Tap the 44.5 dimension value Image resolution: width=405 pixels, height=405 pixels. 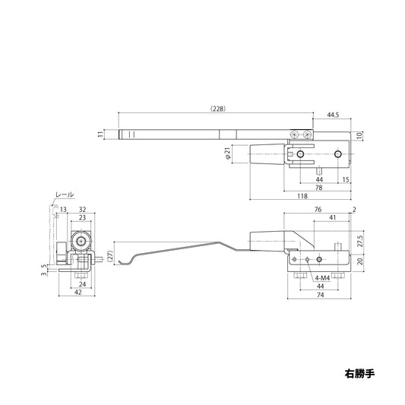(x=334, y=115)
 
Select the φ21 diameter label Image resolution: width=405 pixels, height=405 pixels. (x=227, y=155)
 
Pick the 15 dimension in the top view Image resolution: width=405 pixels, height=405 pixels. (x=346, y=179)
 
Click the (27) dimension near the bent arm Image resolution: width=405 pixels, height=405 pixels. (x=110, y=256)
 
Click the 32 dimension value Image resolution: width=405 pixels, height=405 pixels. (x=81, y=210)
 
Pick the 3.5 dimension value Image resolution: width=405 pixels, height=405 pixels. (x=44, y=267)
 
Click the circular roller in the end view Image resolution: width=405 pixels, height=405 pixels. (x=79, y=243)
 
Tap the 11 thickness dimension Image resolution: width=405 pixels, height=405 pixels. (x=100, y=134)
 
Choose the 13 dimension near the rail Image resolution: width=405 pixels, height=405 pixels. (x=62, y=210)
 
